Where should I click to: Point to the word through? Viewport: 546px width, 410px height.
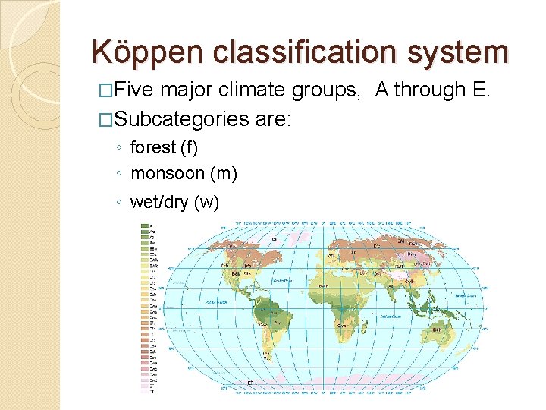[429, 90]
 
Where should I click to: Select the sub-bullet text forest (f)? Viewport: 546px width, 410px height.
[164, 147]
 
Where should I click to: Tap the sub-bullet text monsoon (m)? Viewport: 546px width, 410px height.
[184, 174]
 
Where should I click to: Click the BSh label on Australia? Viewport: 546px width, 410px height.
[438, 330]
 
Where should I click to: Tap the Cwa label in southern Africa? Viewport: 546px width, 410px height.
[343, 326]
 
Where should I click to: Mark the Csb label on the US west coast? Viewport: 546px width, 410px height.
[224, 266]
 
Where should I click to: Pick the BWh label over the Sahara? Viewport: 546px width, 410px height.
[323, 285]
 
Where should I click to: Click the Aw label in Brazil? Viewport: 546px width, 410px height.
[278, 323]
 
